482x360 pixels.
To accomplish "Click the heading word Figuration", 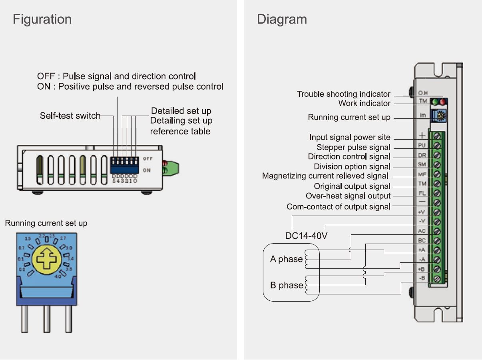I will (42, 19).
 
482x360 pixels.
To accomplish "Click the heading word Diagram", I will (282, 19).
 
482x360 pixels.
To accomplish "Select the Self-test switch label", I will (70, 116).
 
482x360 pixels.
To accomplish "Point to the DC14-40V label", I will (306, 236).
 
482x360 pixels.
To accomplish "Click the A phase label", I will (286, 259).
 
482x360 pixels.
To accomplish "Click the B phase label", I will (286, 285).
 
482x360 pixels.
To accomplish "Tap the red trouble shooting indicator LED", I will (442, 102).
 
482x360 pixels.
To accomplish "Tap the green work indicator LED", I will (435, 102).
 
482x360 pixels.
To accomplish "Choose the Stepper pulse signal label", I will (353, 147).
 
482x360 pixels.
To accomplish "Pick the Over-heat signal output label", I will (348, 196).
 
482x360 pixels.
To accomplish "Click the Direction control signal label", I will (349, 157).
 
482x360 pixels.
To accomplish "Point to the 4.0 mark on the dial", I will (58, 276).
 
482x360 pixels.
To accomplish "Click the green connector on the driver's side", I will (171, 168).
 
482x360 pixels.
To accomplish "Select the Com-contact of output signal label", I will (338, 207).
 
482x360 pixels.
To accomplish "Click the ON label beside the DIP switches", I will (147, 170).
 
